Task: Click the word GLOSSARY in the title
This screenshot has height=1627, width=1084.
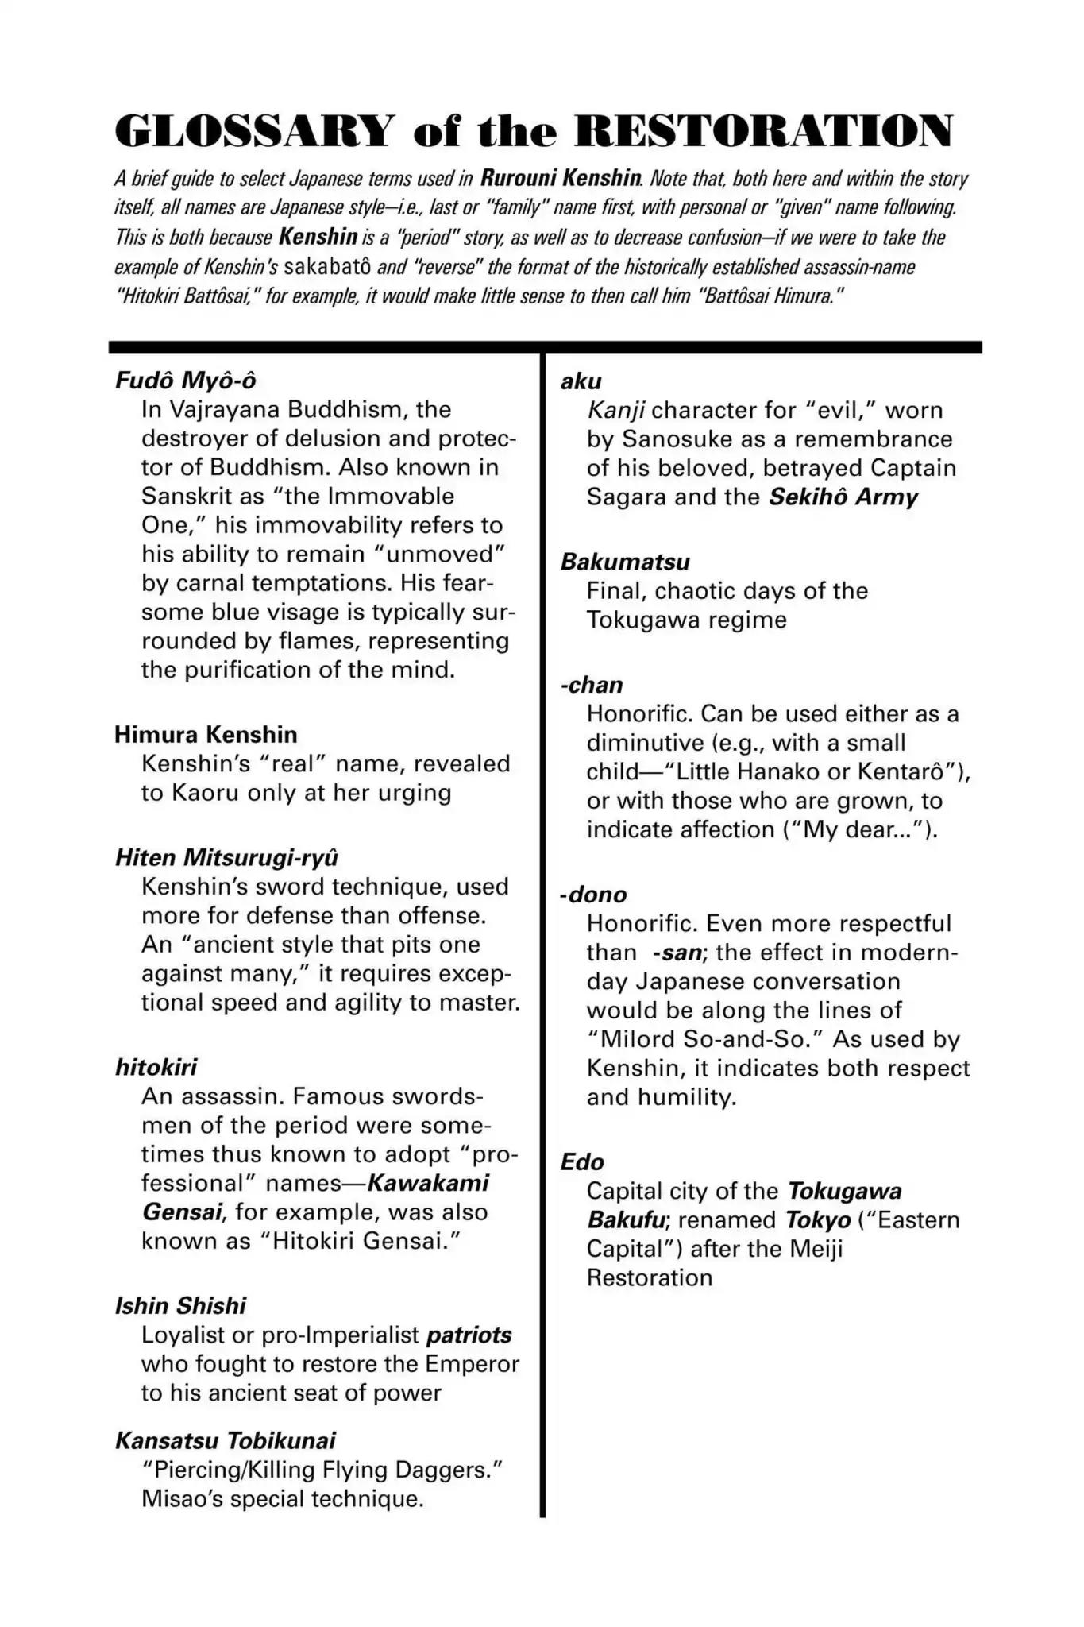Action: (254, 131)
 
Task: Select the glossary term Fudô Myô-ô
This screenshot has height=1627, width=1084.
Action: (185, 381)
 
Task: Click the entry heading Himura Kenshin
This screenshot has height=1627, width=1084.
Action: (206, 734)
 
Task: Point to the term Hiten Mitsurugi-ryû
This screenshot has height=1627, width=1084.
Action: (226, 857)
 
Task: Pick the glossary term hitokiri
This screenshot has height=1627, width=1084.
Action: (156, 1067)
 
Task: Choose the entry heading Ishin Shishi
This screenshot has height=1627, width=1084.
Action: (180, 1305)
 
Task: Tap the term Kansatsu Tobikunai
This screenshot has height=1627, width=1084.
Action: (225, 1440)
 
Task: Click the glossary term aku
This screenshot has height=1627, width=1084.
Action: (581, 381)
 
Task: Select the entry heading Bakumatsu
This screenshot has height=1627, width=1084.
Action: (625, 562)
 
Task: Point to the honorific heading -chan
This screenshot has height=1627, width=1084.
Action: (592, 685)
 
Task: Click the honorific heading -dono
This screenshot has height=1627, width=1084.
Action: (593, 895)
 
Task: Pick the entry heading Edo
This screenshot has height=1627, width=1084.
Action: (582, 1161)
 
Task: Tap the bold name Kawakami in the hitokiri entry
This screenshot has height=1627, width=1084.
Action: (428, 1183)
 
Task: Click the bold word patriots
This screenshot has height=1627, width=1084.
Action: (469, 1335)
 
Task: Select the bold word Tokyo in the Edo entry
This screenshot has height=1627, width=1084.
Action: (818, 1219)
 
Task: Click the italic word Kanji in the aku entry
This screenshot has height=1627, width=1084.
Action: (615, 410)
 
